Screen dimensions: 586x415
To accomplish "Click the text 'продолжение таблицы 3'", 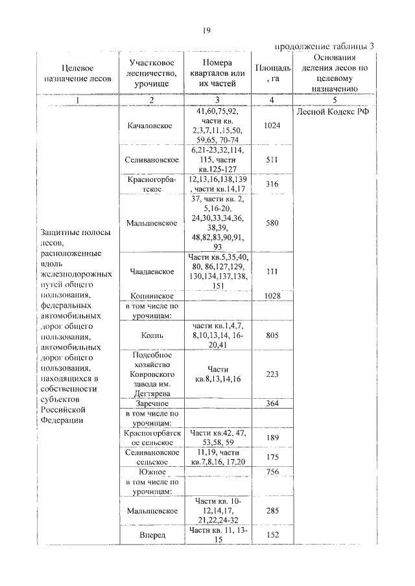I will (325, 46).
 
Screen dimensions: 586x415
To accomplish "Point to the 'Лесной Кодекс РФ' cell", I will (332, 111).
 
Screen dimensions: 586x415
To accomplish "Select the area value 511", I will (272, 159).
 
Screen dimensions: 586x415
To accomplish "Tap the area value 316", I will (272, 184).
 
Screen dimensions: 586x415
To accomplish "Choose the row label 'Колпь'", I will (150, 335).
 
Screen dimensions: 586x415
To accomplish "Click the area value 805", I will (272, 335).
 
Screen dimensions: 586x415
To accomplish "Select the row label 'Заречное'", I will (150, 403).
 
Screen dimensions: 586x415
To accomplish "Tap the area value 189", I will (272, 438).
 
